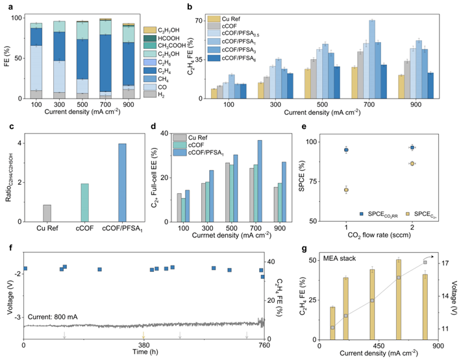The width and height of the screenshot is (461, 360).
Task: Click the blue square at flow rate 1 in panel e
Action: [x=346, y=150]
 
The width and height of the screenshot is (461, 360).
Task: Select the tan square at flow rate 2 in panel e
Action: [x=412, y=163]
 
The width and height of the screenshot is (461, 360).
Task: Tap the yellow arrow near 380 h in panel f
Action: [x=144, y=335]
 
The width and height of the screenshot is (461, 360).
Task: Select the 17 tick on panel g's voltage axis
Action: [x=446, y=263]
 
